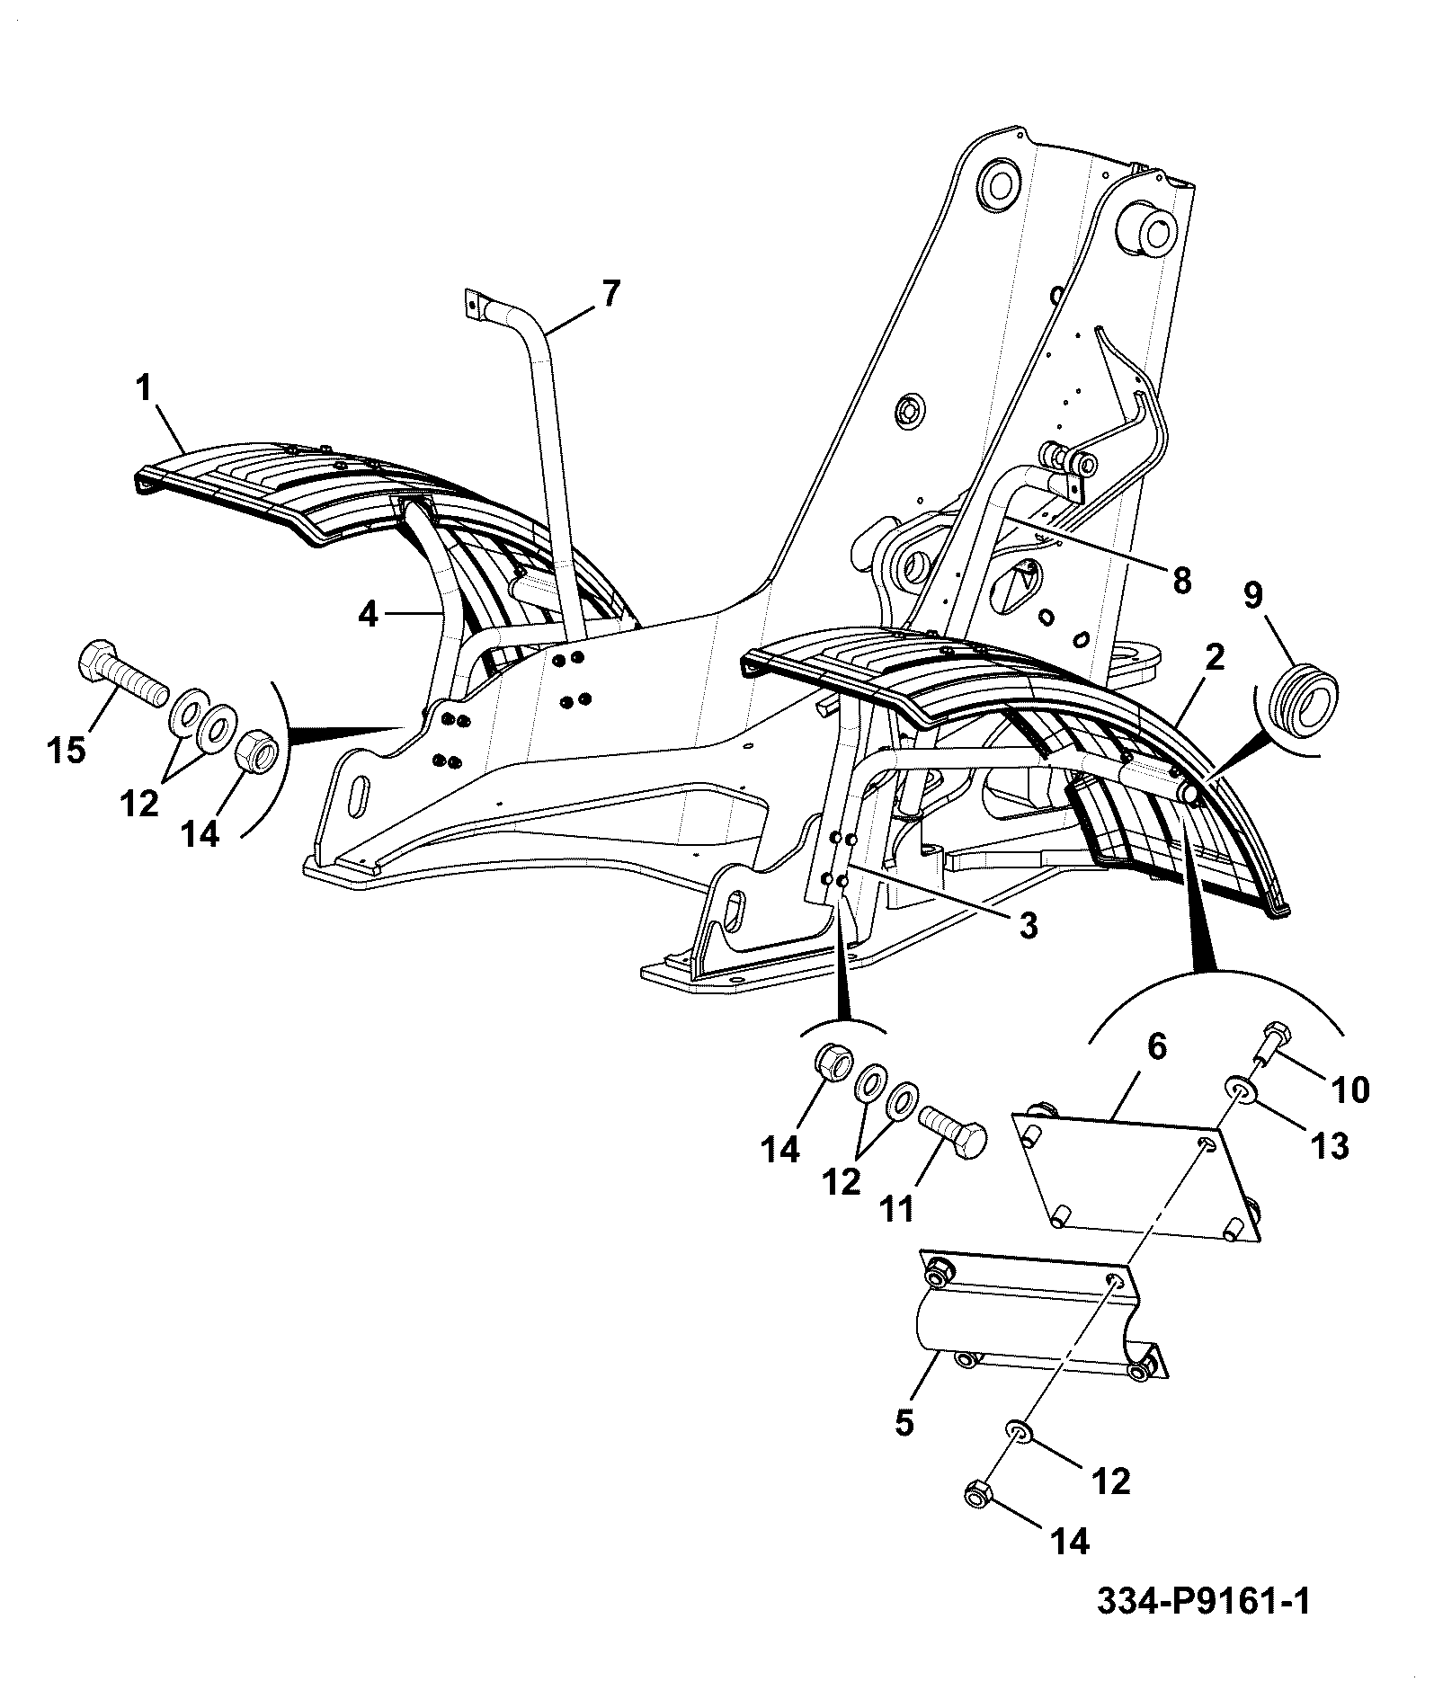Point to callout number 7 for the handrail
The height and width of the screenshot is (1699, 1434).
click(610, 295)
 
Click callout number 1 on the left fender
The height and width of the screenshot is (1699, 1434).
click(143, 389)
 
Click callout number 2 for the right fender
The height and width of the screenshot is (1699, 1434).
click(1214, 659)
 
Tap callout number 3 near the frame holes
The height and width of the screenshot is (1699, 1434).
click(1028, 925)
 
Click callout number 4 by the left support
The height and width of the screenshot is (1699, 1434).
click(369, 615)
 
